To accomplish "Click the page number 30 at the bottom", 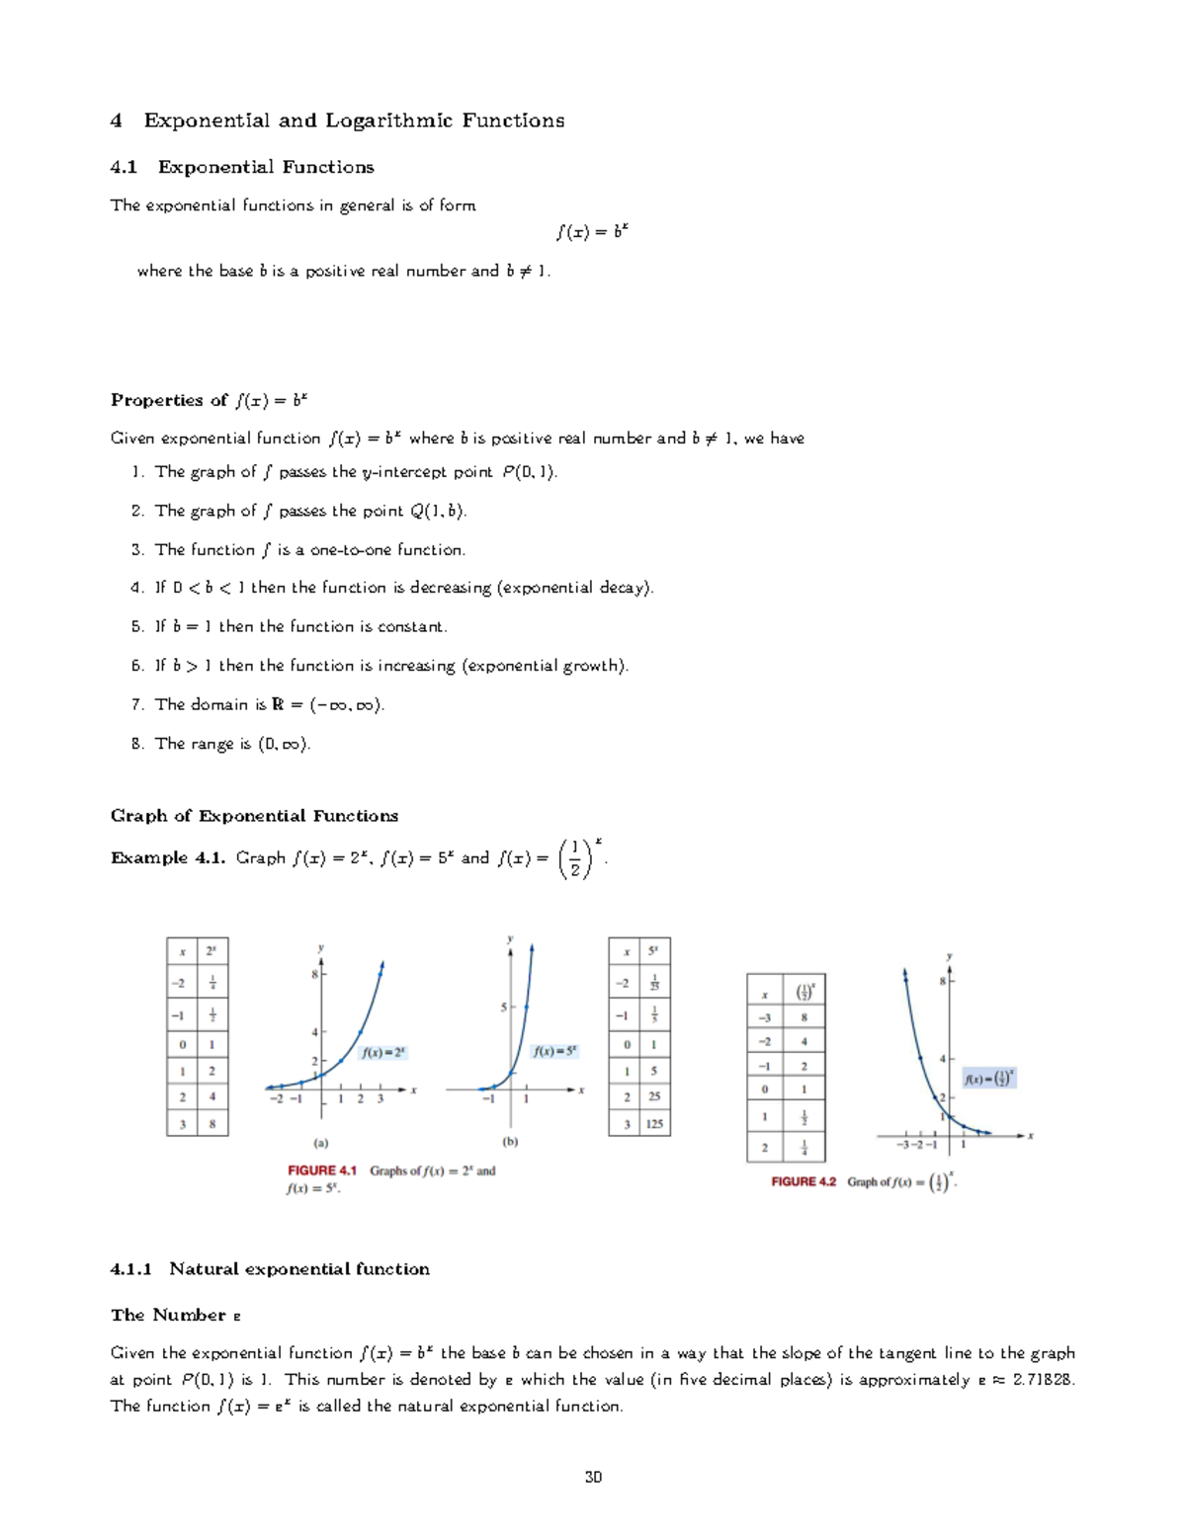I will [593, 1478].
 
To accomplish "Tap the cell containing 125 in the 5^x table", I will [654, 1124].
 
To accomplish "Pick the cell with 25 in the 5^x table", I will [654, 1096].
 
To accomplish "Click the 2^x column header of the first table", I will [212, 952].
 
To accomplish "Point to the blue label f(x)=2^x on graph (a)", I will [383, 1053].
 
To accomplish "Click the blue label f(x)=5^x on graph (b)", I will [554, 1052].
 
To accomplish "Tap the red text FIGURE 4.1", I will [322, 1171].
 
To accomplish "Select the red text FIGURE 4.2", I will [804, 1181].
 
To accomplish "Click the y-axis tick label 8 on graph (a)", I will [314, 975].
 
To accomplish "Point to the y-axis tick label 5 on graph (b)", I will [503, 1008].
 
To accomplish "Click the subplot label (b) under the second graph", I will [510, 1142].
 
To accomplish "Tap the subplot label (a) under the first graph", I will [321, 1144].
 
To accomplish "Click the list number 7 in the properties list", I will [137, 705].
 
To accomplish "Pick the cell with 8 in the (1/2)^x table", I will [805, 1017].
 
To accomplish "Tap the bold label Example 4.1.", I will [168, 858].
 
